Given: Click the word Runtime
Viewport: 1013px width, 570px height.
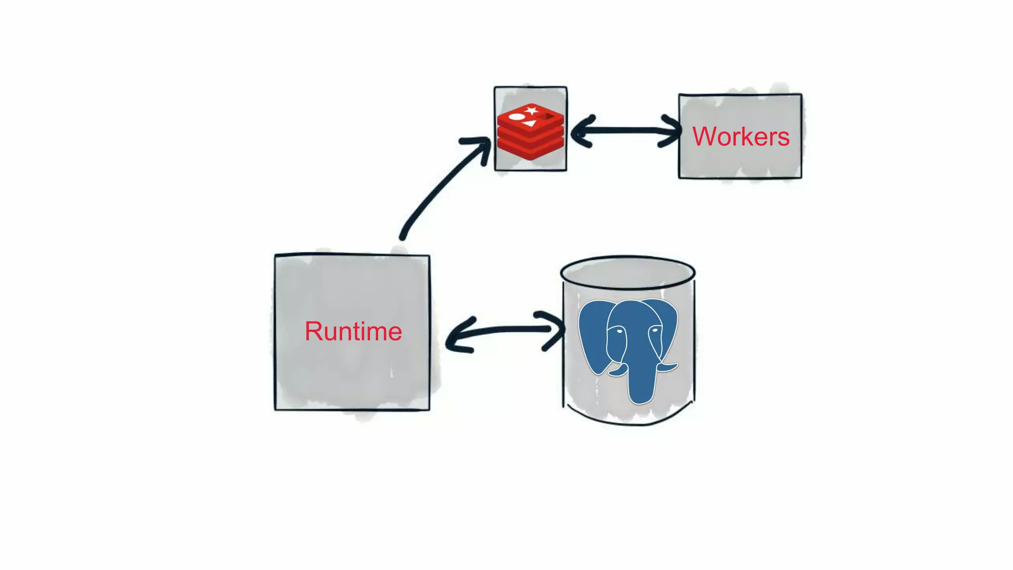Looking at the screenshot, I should click(x=353, y=331).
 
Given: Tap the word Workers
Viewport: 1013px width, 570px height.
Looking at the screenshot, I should click(x=740, y=136).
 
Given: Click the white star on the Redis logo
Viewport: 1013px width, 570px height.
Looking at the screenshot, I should click(x=532, y=110).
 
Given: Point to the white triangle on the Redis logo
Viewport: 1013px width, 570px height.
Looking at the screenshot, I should click(x=530, y=123).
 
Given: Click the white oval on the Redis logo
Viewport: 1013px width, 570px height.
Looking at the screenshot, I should click(x=517, y=117).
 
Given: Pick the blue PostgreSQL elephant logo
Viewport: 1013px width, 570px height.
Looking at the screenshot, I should click(x=628, y=346).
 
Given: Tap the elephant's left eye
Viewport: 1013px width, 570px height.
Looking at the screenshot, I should click(x=618, y=331).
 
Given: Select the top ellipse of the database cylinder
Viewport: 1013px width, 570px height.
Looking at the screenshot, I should click(x=628, y=272).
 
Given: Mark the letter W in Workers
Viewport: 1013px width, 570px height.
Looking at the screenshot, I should click(x=704, y=136).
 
